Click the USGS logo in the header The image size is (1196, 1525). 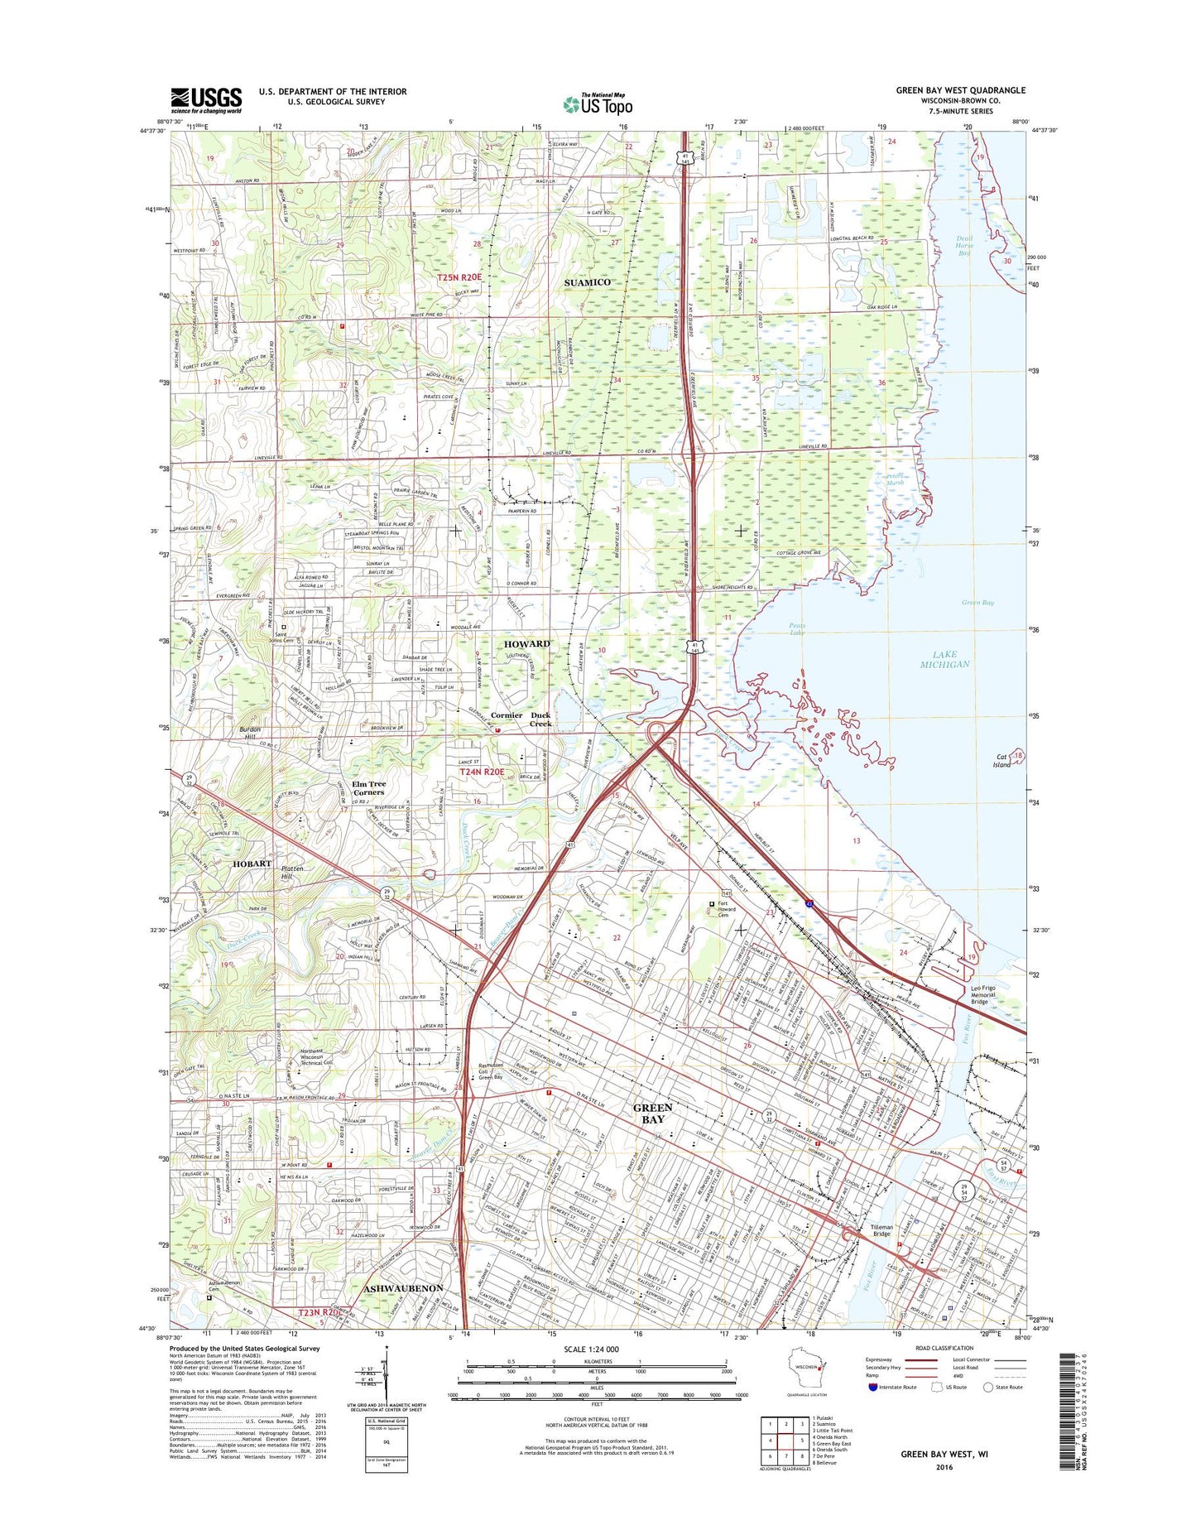(x=206, y=99)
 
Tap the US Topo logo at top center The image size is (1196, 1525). (x=598, y=103)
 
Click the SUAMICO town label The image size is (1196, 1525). (x=587, y=282)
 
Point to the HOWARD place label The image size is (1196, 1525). (x=526, y=643)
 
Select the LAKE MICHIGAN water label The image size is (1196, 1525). (x=944, y=660)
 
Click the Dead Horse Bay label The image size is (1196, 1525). (x=964, y=246)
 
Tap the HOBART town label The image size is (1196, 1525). (x=252, y=864)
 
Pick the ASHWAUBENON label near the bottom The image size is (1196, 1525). (x=403, y=1288)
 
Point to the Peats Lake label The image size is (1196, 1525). (x=797, y=629)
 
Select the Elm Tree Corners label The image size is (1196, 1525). (x=368, y=787)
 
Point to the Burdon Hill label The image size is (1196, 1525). (x=249, y=733)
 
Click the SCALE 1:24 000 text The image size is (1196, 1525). (x=589, y=1349)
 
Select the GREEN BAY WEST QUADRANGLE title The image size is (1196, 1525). (x=960, y=90)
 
